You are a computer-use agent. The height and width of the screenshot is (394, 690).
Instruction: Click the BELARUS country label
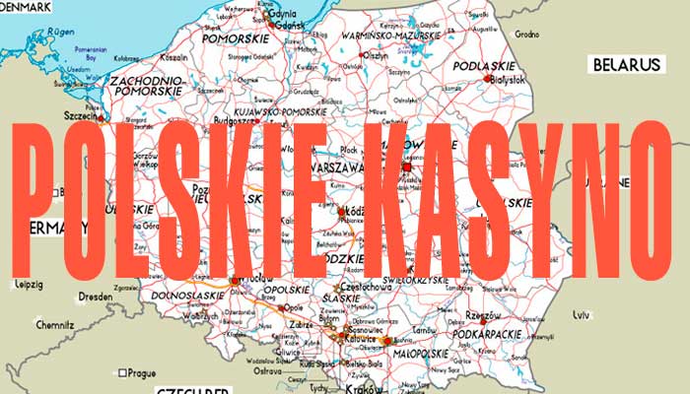pos(625,65)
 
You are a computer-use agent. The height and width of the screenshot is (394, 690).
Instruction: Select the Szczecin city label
pos(79,117)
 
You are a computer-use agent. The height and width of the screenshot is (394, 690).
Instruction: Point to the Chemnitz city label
pos(55,324)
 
